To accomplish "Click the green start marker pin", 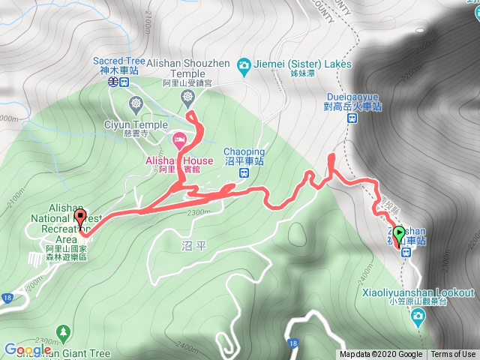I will click(397, 233).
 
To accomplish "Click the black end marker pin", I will click(81, 217).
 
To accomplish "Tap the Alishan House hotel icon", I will click(180, 139).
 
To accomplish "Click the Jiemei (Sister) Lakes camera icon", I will click(244, 65).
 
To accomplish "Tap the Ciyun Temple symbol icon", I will click(136, 102).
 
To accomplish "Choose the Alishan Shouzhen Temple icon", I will click(188, 97).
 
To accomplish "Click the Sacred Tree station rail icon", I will click(112, 81).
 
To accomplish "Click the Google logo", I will click(28, 350).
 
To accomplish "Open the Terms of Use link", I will click(453, 354).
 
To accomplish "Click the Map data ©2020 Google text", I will click(380, 354).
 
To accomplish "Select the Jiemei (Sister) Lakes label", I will click(304, 64).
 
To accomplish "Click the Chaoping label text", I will click(244, 151).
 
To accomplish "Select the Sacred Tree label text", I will click(119, 61).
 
